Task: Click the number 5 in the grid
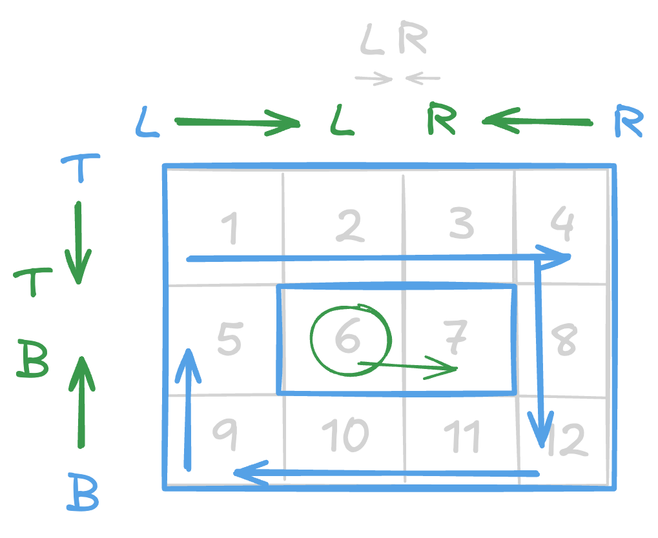pos(229,339)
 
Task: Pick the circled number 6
pos(347,337)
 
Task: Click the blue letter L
pos(147,123)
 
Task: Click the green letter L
pos(342,122)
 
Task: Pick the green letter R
pos(441,121)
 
